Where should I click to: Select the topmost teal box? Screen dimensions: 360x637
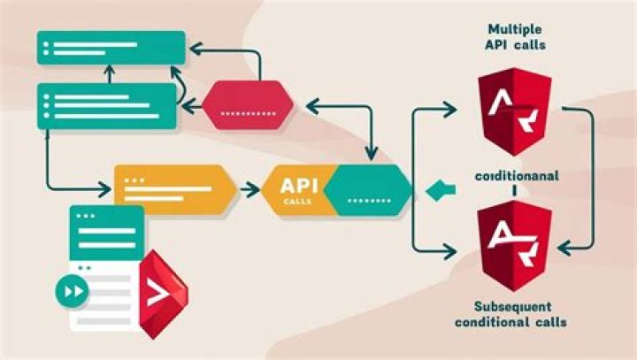(x=111, y=47)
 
